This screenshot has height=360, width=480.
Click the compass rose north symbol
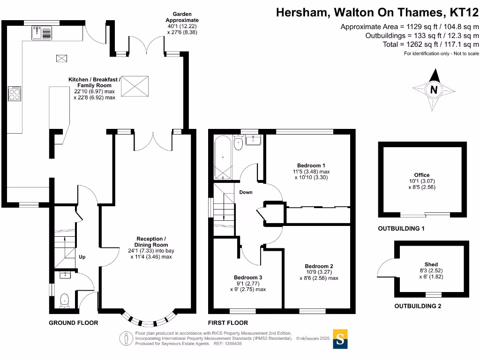[x=434, y=89]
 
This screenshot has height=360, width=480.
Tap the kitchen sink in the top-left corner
[x=42, y=33]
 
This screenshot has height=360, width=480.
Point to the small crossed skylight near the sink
[x=61, y=58]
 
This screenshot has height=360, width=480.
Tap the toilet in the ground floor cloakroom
[x=64, y=299]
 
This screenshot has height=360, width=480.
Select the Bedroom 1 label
[x=311, y=165]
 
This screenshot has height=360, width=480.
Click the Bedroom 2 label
[x=318, y=266]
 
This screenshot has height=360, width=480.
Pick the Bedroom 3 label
[x=248, y=277]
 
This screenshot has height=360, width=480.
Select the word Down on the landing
[x=246, y=193]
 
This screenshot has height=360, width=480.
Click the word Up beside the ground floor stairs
[x=82, y=257]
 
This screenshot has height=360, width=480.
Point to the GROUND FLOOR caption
[x=74, y=322]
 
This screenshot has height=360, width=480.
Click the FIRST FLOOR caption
[x=228, y=322]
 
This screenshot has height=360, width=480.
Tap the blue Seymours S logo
[x=341, y=339]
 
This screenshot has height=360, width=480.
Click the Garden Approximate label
[x=182, y=17]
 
